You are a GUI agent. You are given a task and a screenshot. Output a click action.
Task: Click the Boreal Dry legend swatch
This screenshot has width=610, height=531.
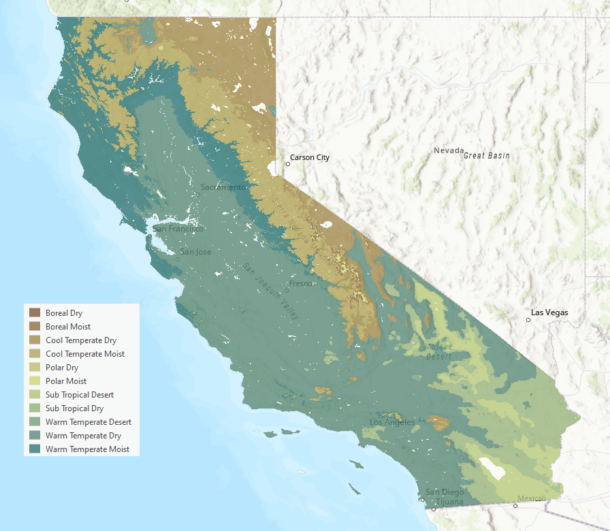click(x=35, y=313)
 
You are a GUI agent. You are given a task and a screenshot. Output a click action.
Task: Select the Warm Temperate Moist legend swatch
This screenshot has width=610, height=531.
click(x=35, y=449)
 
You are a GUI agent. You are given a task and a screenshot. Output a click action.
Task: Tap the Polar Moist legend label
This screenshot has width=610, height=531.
click(x=66, y=381)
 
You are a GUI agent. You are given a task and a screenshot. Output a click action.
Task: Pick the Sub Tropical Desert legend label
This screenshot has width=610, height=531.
click(x=80, y=395)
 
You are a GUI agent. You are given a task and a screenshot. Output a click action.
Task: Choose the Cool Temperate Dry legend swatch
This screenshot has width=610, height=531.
click(x=35, y=340)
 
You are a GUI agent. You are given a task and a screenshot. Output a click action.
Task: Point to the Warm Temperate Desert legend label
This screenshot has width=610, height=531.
click(x=89, y=422)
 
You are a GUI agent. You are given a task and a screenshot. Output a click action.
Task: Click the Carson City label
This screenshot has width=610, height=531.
click(x=310, y=158)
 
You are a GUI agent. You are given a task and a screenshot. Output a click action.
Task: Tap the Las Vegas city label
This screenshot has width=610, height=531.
click(x=549, y=313)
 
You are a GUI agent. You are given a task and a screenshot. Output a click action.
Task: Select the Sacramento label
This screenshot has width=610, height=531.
click(x=223, y=187)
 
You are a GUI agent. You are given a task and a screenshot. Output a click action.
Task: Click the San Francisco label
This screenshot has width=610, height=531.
click(x=178, y=229)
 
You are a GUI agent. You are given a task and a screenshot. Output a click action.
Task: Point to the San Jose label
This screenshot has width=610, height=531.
click(x=195, y=252)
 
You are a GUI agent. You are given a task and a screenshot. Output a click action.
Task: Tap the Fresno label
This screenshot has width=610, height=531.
click(x=300, y=283)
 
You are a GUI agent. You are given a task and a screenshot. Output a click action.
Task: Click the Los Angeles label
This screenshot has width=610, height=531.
click(x=392, y=423)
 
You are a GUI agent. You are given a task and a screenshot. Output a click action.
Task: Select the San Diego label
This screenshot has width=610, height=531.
click(x=445, y=492)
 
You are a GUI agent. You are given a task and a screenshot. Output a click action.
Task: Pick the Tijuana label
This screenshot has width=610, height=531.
click(x=449, y=502)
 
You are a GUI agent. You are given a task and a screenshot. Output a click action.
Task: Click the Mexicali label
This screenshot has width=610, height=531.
click(x=531, y=499)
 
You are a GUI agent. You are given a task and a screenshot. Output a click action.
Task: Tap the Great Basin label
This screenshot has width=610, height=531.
click(x=487, y=156)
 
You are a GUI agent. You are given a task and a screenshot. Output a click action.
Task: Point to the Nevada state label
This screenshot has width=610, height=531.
click(x=449, y=150)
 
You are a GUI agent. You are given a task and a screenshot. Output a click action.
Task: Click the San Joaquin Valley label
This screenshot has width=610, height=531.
click(x=271, y=292)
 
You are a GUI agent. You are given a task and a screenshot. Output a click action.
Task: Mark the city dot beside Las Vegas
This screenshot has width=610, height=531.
click(x=528, y=319)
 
